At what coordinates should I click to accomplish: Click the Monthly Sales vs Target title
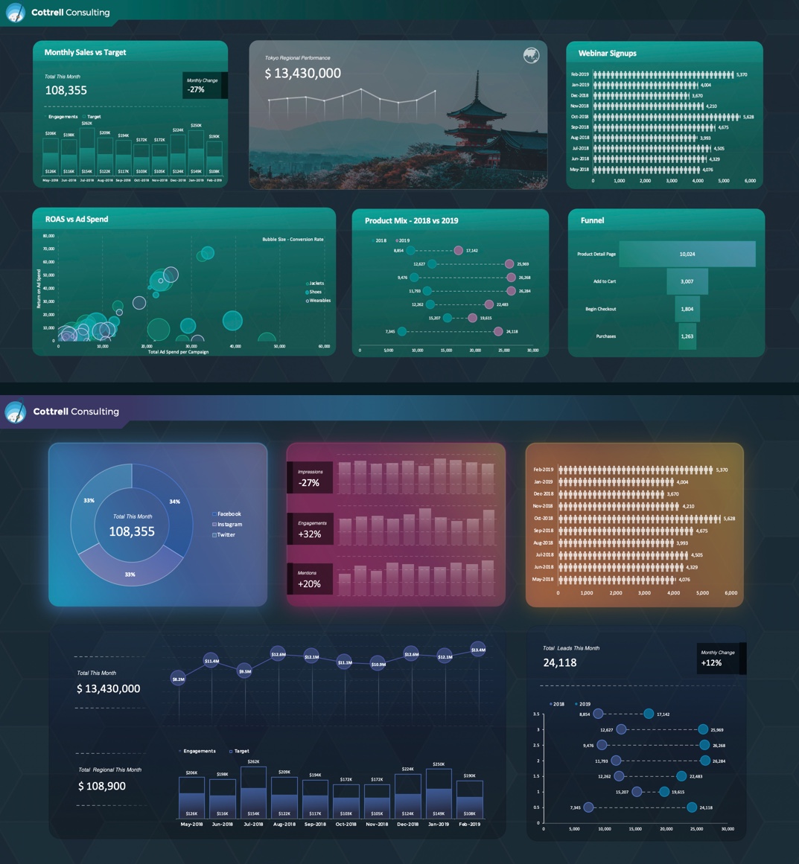pyautogui.click(x=85, y=52)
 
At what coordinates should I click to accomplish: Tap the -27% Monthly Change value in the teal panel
pyautogui.click(x=197, y=89)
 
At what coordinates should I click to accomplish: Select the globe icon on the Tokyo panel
pyautogui.click(x=531, y=56)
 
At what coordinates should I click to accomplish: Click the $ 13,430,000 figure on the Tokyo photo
pyautogui.click(x=303, y=73)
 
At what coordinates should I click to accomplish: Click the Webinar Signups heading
pyautogui.click(x=607, y=53)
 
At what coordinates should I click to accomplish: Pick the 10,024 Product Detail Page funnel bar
pyautogui.click(x=687, y=254)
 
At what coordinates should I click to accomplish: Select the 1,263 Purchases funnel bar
pyautogui.click(x=687, y=336)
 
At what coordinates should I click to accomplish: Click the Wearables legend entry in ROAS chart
pyautogui.click(x=319, y=301)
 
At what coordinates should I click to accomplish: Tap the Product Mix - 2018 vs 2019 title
pyautogui.click(x=411, y=220)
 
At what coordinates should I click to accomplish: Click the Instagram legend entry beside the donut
pyautogui.click(x=229, y=524)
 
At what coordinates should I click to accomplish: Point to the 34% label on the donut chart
pyautogui.click(x=174, y=502)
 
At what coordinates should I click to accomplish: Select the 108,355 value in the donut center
pyautogui.click(x=132, y=531)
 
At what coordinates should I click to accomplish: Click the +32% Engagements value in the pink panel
pyautogui.click(x=309, y=534)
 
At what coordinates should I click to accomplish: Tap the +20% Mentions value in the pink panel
pyautogui.click(x=309, y=584)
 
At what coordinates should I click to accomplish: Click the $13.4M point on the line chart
pyautogui.click(x=478, y=650)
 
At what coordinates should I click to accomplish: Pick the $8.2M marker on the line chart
pyautogui.click(x=178, y=679)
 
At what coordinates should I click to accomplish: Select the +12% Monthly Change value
pyautogui.click(x=711, y=662)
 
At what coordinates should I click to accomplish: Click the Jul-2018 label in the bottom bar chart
pyautogui.click(x=253, y=824)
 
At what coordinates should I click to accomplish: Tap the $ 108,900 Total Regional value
pyautogui.click(x=102, y=786)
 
